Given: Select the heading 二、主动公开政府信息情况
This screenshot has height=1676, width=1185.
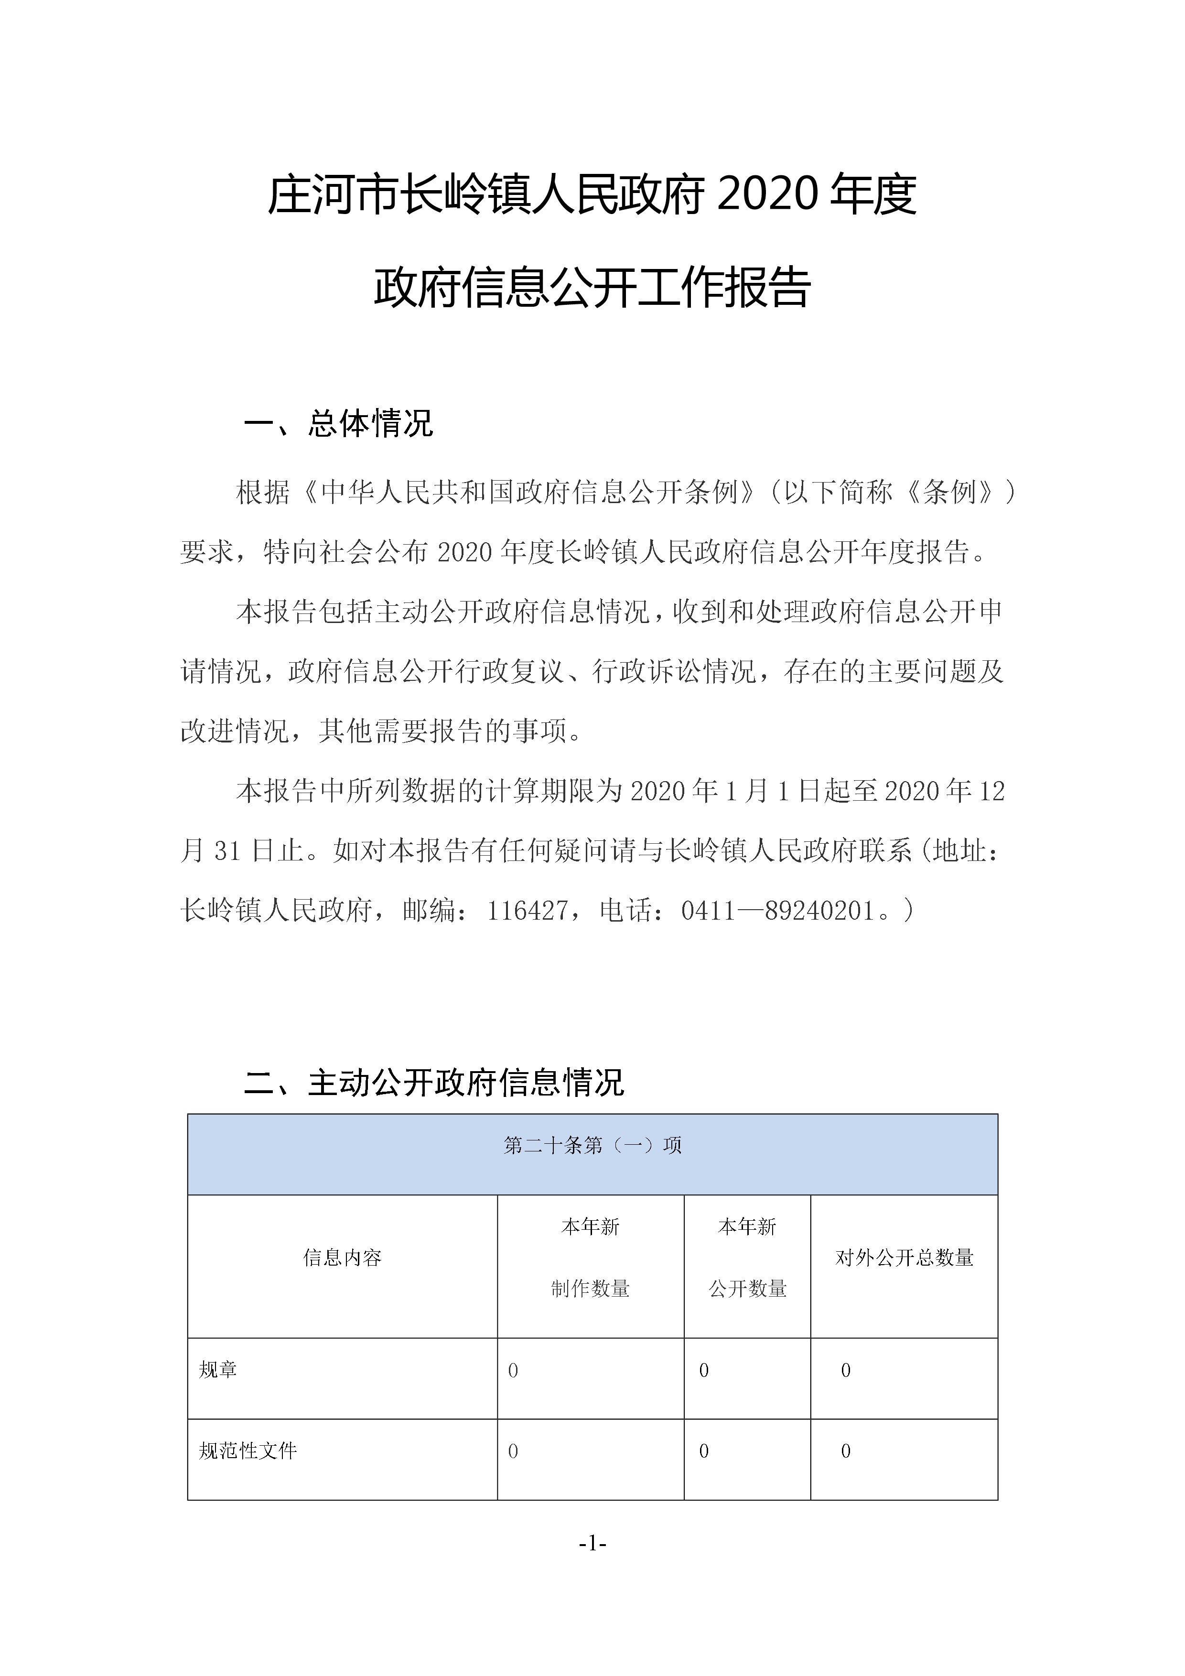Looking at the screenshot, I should pyautogui.click(x=434, y=1083).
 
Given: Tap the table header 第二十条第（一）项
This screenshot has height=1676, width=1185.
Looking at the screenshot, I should pyautogui.click(x=592, y=1145).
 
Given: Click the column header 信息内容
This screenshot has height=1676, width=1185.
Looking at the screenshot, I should pyautogui.click(x=343, y=1257).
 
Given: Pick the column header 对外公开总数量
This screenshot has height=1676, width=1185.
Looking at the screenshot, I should pyautogui.click(x=904, y=1257).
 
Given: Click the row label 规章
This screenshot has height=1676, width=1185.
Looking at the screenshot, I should pyautogui.click(x=218, y=1369).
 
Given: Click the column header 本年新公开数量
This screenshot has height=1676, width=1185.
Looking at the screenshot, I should pyautogui.click(x=747, y=1257).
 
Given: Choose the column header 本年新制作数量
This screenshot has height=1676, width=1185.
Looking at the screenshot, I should pyautogui.click(x=590, y=1257).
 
